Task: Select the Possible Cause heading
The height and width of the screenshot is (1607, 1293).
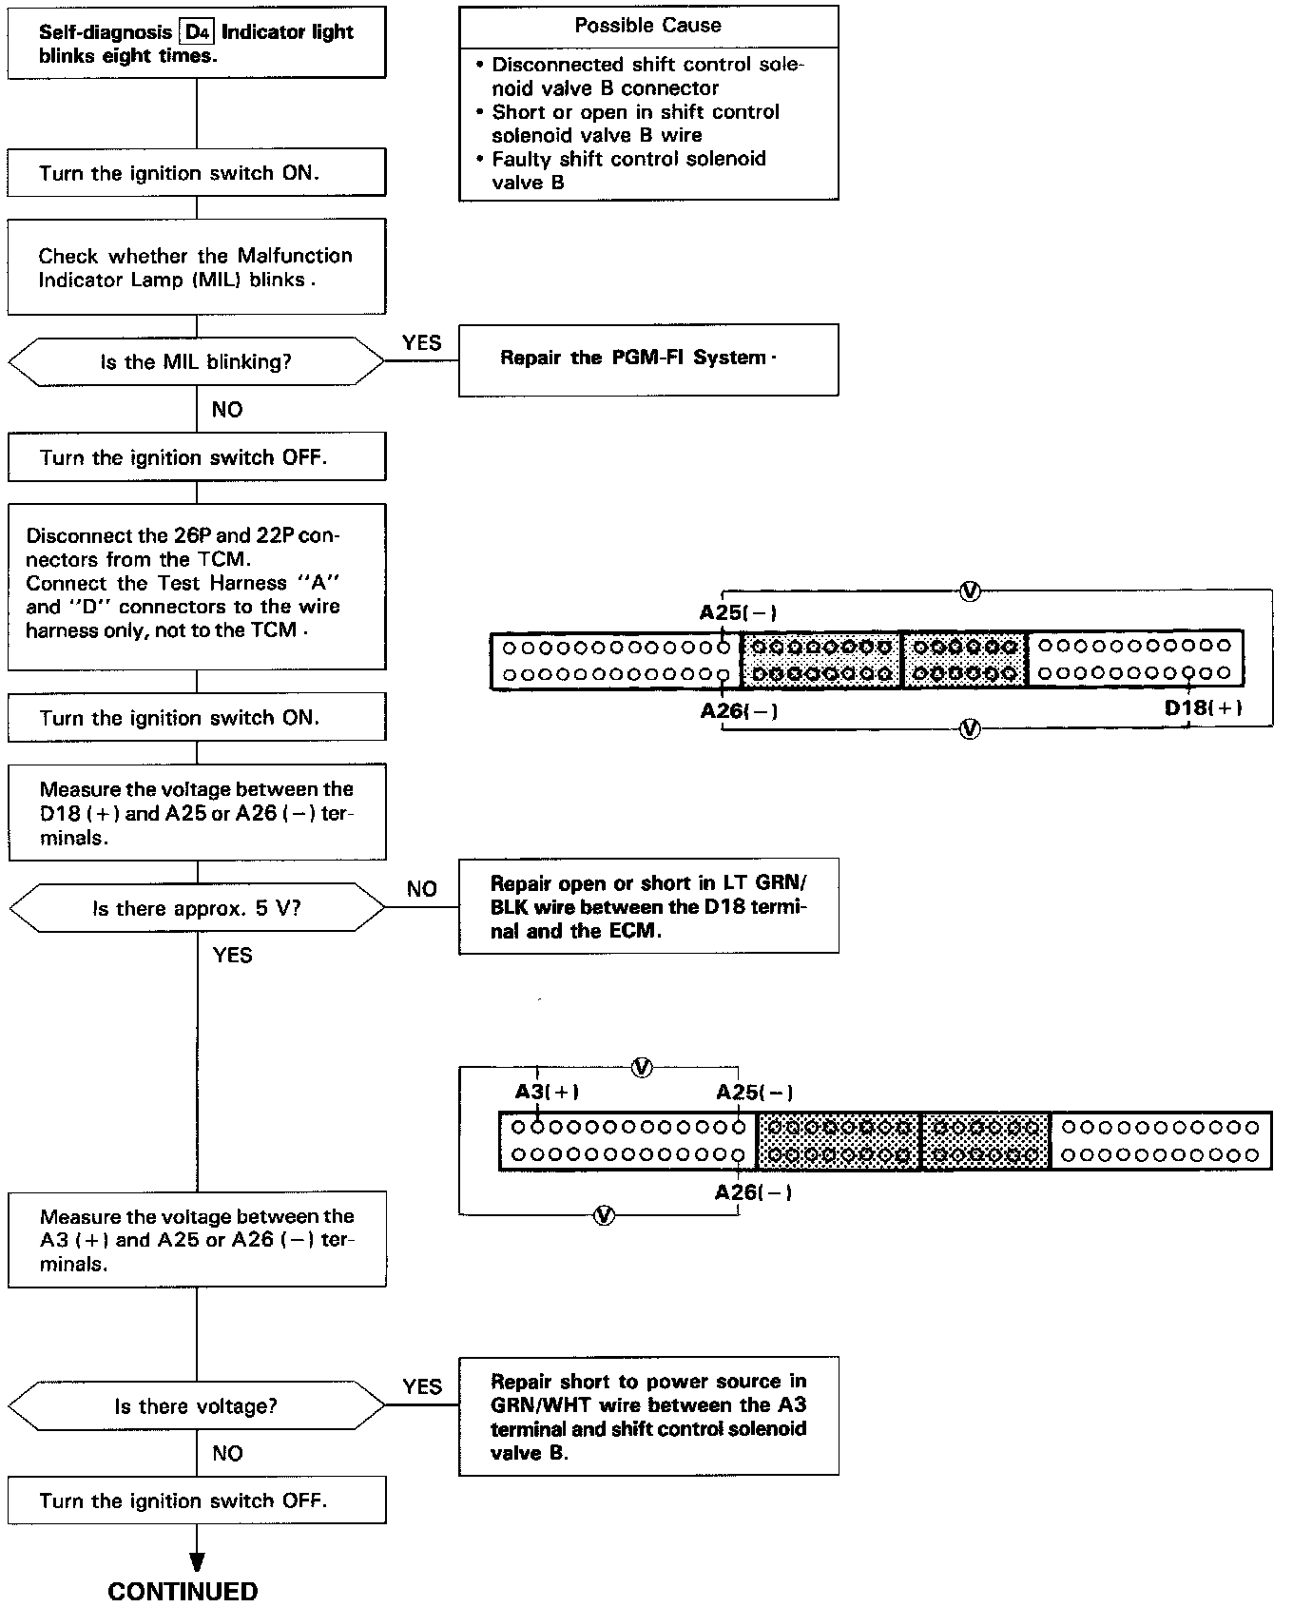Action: pos(647,26)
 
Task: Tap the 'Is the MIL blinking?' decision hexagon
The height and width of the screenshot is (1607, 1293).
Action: pos(196,361)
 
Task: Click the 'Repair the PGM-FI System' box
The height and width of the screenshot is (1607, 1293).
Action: pos(647,359)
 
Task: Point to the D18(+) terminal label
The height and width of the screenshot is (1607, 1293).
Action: pos(1203,708)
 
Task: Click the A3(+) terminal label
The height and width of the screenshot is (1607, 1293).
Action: pos(547,1092)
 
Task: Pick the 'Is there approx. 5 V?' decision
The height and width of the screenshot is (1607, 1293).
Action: pos(197,908)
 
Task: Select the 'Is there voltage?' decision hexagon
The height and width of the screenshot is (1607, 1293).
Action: pos(196,1406)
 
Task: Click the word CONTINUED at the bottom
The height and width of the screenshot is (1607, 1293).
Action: pos(183,1592)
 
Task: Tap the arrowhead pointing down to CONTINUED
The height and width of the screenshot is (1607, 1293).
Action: pos(197,1561)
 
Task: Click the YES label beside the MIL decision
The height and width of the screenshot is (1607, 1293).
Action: pos(421,343)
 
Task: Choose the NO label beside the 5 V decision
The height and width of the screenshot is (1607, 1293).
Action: pos(421,889)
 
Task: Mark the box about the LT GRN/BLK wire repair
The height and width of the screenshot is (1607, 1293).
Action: pos(647,906)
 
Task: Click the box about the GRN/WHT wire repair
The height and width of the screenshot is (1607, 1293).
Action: pos(647,1416)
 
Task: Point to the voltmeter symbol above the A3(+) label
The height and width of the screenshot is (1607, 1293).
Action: pos(642,1067)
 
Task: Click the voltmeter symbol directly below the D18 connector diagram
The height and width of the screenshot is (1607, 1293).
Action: pos(970,729)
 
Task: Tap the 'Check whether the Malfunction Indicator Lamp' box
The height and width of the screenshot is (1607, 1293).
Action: pos(197,267)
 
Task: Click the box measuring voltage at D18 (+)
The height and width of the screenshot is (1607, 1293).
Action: pos(197,812)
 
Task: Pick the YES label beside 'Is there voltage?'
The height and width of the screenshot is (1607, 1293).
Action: pos(421,1387)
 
